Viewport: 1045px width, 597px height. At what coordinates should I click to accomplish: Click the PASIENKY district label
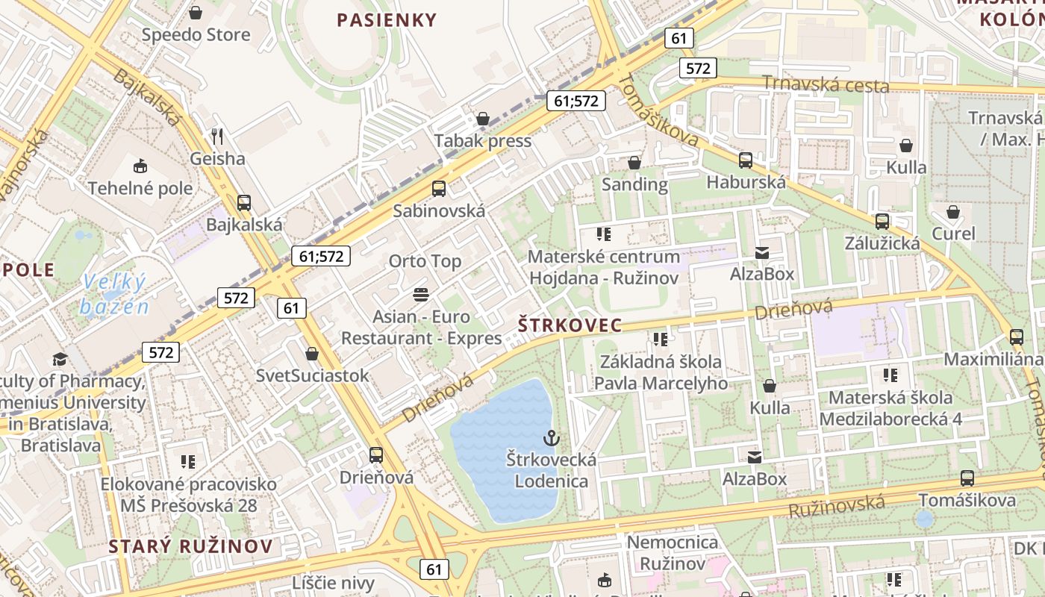coord(386,20)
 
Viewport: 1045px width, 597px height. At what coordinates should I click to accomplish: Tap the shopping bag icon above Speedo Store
coord(196,13)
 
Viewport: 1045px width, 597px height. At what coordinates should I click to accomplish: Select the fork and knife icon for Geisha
coord(217,136)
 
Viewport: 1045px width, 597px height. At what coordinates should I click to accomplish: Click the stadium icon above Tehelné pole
coord(140,166)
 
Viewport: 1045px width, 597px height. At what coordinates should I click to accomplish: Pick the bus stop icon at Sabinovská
coord(439,189)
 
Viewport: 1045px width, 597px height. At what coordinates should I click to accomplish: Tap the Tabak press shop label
coord(483,141)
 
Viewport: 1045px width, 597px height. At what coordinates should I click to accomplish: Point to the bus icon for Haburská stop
coord(745,160)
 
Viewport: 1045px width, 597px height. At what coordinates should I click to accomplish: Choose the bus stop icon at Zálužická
coord(882,221)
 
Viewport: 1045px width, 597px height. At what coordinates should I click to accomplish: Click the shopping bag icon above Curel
coord(953,212)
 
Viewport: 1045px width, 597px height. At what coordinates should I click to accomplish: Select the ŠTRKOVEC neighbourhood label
coord(570,325)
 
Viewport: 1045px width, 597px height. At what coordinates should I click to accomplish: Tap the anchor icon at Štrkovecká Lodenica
coord(552,437)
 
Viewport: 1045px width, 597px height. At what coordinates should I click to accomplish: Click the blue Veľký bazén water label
coord(115,294)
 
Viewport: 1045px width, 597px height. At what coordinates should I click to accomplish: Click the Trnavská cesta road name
coord(825,84)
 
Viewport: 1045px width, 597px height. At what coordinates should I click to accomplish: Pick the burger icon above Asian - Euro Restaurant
coord(421,294)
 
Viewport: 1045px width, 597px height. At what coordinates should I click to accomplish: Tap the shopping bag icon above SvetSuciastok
coord(312,354)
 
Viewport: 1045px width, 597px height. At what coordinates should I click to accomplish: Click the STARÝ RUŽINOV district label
coord(190,546)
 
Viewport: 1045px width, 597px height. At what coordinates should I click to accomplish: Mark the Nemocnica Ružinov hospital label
coord(672,552)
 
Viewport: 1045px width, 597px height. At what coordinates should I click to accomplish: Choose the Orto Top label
coord(425,261)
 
